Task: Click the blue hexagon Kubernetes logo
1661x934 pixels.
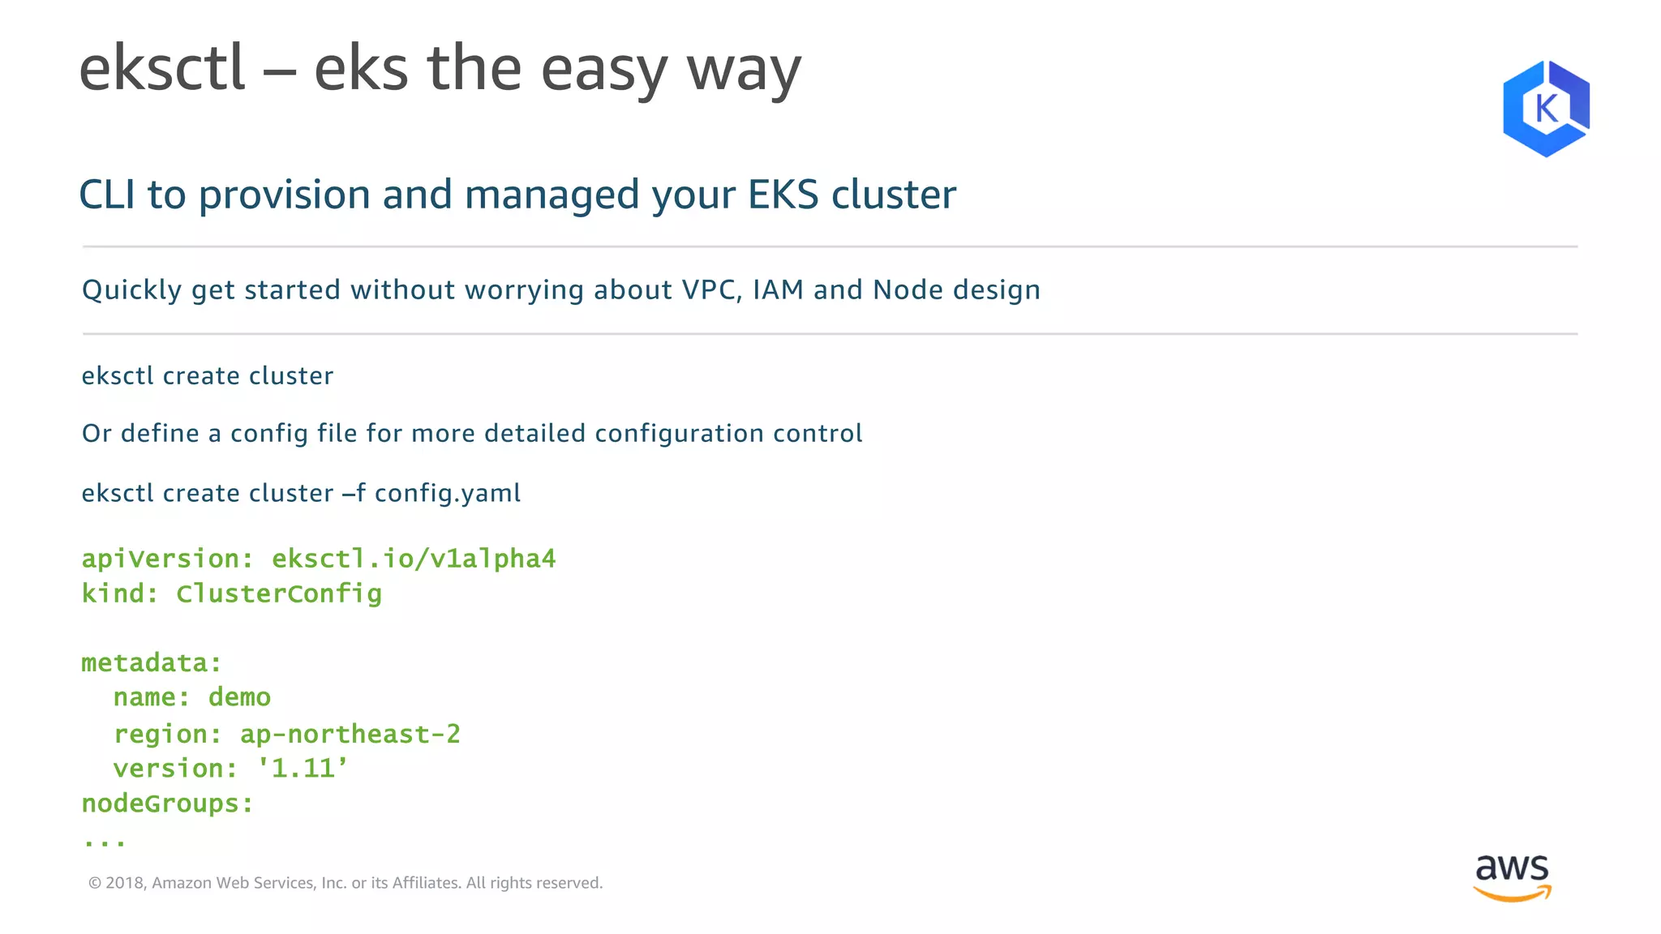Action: (x=1546, y=108)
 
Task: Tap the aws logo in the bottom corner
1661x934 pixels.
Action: (x=1512, y=877)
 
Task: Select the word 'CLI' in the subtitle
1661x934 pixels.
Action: (x=106, y=195)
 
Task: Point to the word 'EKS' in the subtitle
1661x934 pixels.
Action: (x=783, y=195)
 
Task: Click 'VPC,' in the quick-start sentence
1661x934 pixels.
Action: (x=712, y=289)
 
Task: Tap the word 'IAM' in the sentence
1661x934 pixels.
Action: (x=778, y=289)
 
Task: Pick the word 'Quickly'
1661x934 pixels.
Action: (x=131, y=290)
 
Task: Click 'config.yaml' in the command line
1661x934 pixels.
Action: (x=447, y=493)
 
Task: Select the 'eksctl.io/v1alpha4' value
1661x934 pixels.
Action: (x=414, y=559)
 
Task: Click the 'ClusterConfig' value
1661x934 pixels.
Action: (x=279, y=593)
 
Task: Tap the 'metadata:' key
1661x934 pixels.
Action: (x=152, y=663)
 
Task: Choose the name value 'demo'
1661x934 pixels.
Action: (x=239, y=697)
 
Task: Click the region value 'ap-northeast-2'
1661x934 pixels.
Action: (x=350, y=734)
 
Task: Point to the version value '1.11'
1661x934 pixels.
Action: (x=303, y=768)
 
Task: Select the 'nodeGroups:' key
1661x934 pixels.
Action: (x=167, y=803)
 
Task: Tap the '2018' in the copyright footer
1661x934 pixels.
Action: (x=124, y=883)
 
